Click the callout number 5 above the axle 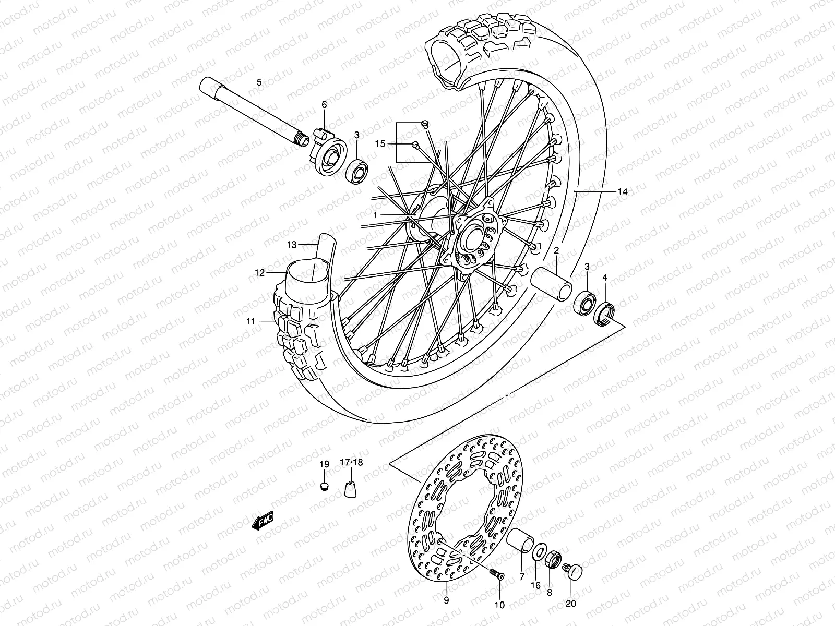pyautogui.click(x=259, y=82)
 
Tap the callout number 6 pyautogui.click(x=324, y=104)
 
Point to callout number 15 pyautogui.click(x=379, y=143)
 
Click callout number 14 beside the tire pyautogui.click(x=622, y=192)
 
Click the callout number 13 pyautogui.click(x=291, y=244)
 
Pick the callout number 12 pyautogui.click(x=260, y=272)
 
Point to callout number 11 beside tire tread pyautogui.click(x=252, y=321)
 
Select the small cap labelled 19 pyautogui.click(x=324, y=487)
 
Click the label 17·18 pyautogui.click(x=351, y=462)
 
